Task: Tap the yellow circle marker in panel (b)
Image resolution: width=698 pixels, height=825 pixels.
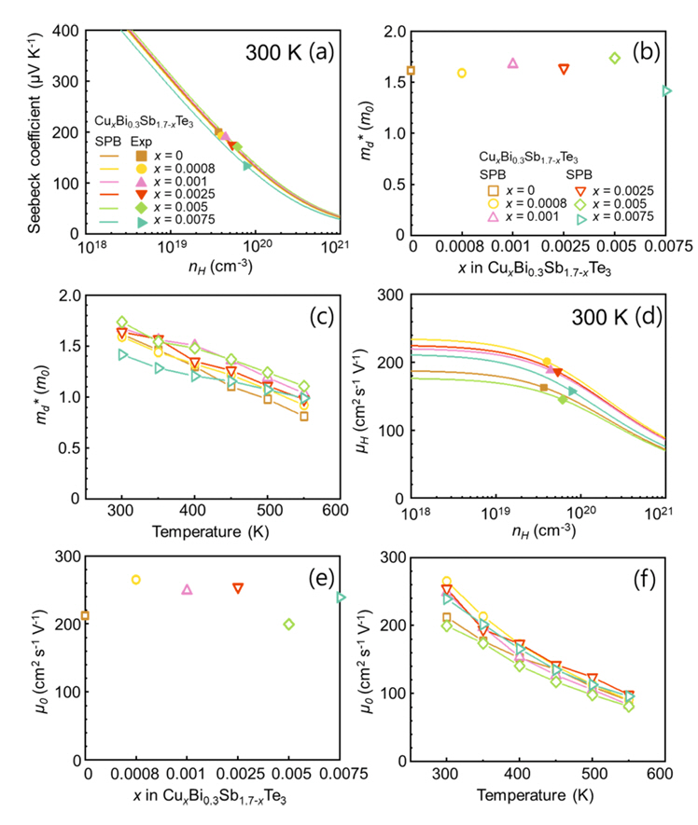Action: pyautogui.click(x=462, y=73)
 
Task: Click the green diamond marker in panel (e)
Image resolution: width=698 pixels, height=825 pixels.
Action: pyautogui.click(x=289, y=624)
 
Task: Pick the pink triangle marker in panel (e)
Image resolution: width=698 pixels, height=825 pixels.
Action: pyautogui.click(x=187, y=589)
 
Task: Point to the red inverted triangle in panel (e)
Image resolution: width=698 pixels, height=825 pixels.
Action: pyautogui.click(x=238, y=588)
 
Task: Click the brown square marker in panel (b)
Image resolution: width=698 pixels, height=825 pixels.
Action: pyautogui.click(x=412, y=70)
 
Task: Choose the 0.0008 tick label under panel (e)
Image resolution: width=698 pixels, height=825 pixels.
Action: pyautogui.click(x=136, y=774)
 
